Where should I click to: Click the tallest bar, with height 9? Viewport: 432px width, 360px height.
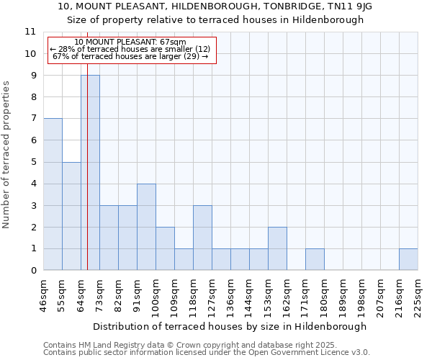[x=90, y=173]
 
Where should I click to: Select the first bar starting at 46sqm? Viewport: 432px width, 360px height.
[x=53, y=194]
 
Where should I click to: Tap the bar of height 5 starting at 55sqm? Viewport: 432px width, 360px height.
[x=71, y=216]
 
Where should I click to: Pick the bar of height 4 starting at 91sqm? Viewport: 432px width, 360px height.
[x=146, y=227]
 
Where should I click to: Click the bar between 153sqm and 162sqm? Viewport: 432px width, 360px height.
[x=277, y=248]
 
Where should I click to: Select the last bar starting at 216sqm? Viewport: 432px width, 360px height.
[x=408, y=259]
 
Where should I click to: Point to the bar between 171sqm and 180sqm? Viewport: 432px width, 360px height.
[x=315, y=259]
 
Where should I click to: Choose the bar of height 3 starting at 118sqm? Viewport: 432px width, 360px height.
[x=202, y=238]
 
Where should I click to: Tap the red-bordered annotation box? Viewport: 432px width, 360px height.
[x=132, y=50]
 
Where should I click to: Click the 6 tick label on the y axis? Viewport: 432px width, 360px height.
[x=32, y=140]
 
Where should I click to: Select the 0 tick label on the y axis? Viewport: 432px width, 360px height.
[x=32, y=271]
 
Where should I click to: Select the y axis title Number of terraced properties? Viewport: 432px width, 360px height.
[x=6, y=155]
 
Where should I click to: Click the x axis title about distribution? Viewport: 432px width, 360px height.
[x=230, y=326]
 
